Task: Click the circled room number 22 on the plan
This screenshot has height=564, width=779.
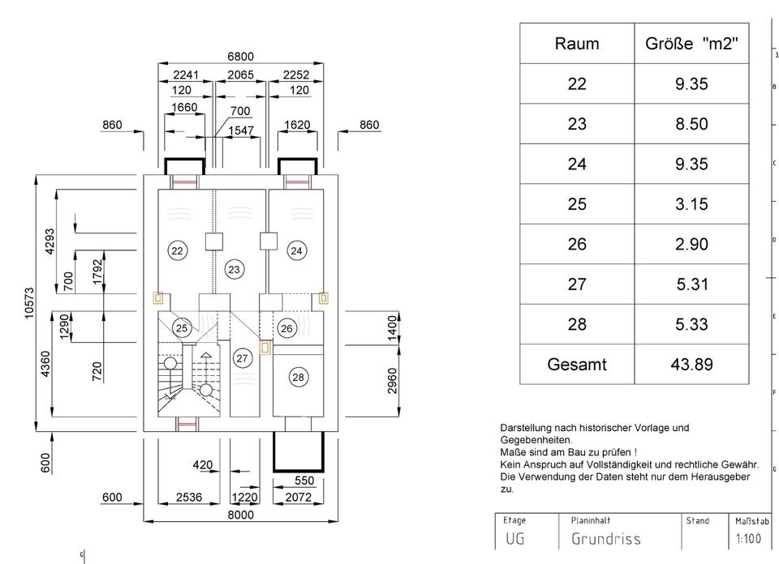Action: point(177,250)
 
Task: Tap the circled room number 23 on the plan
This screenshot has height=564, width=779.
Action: point(234,269)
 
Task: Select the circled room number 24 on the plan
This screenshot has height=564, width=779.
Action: point(296,250)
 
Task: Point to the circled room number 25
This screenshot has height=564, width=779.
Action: point(182,327)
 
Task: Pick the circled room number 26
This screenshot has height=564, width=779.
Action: point(286,327)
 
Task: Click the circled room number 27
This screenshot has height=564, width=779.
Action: point(242,358)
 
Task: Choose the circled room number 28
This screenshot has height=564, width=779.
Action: point(298,377)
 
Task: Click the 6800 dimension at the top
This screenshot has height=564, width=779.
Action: point(240,57)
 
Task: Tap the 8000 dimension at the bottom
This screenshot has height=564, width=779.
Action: point(240,515)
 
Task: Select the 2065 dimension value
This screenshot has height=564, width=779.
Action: point(240,75)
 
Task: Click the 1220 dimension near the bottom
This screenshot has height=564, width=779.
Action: point(244,498)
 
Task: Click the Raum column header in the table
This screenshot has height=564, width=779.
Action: point(576,44)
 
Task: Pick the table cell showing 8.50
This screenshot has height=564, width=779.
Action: point(691,124)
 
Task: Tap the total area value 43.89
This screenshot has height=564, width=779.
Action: point(691,365)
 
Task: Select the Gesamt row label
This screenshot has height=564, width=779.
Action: point(576,365)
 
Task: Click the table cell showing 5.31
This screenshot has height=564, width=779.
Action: point(691,284)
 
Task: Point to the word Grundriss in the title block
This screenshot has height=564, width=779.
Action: point(605,539)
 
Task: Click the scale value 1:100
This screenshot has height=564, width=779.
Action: point(747,539)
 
